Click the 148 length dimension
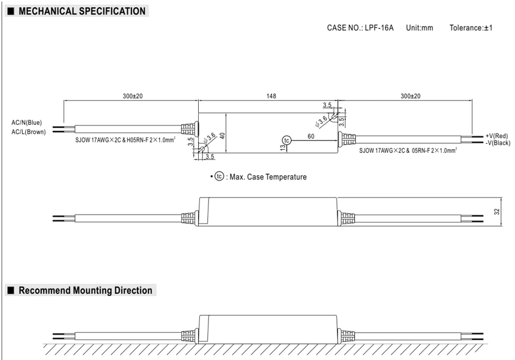[271, 96]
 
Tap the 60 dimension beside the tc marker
[311, 136]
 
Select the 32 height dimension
[497, 212]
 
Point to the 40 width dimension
[222, 135]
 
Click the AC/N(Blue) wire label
[27, 122]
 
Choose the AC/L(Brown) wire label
[28, 132]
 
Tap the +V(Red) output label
[497, 136]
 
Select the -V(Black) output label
[498, 143]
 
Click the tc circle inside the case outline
[287, 141]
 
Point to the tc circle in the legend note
[219, 176]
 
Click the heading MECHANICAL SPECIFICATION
[82, 11]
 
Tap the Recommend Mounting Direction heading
[85, 290]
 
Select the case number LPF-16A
[379, 28]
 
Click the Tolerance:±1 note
[471, 28]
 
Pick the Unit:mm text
[419, 28]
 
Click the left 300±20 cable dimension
[133, 96]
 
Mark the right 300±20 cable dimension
[410, 96]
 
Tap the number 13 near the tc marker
[283, 148]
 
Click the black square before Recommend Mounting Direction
[11, 290]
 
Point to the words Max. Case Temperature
[268, 177]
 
